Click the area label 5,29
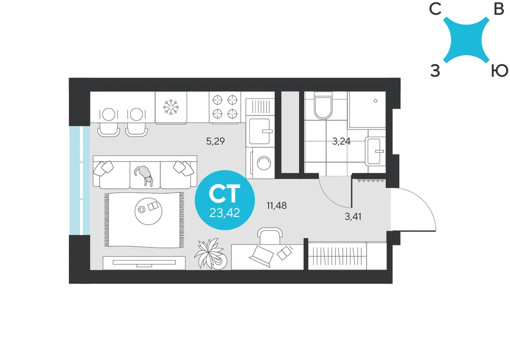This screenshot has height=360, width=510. point(215,141)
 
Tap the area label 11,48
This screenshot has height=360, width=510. point(276,205)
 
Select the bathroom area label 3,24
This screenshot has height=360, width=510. point(341,141)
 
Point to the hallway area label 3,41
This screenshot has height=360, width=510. point(353,216)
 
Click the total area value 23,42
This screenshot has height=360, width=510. point(225,213)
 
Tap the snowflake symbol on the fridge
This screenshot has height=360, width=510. point(171,107)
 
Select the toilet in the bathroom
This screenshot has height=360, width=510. point(323,105)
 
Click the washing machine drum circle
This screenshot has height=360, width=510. point(264,162)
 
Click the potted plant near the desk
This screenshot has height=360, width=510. point(211,253)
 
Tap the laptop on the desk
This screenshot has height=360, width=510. point(262,256)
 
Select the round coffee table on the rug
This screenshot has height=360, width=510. point(148,211)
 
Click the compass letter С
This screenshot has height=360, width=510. point(435,9)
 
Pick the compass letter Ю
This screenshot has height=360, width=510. point(499,70)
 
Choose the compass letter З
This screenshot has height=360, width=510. point(435,70)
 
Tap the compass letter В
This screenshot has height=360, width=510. point(499,9)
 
